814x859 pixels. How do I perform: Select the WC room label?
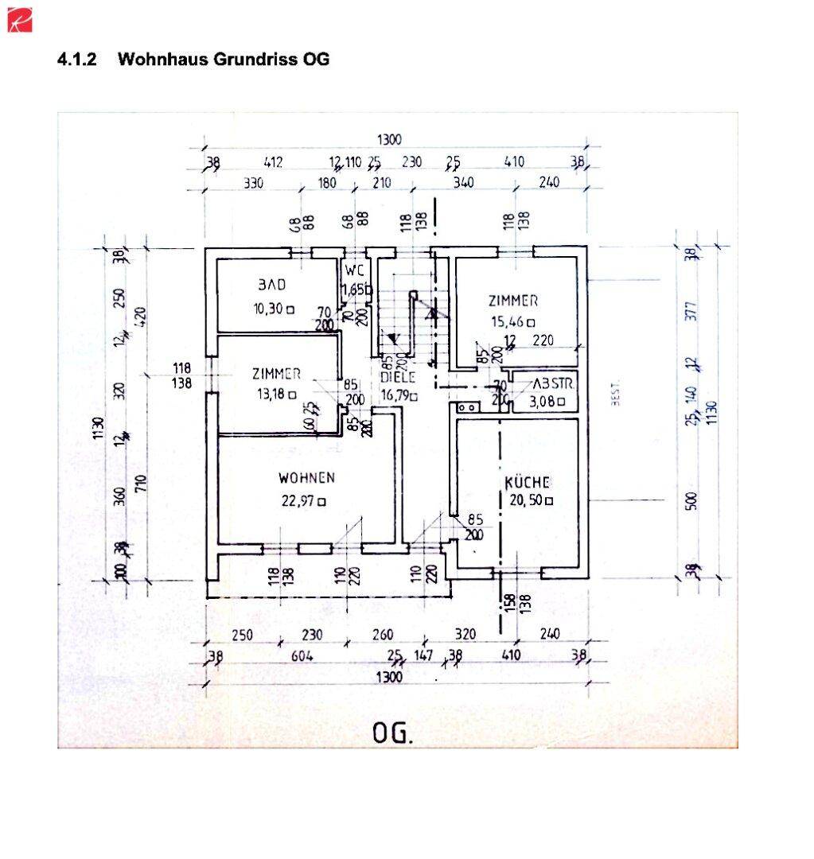(x=354, y=269)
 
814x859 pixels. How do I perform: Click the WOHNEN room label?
(x=306, y=478)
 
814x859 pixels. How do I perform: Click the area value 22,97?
(x=298, y=500)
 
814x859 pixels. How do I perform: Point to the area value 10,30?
(x=269, y=309)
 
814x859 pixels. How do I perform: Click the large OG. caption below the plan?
(x=393, y=733)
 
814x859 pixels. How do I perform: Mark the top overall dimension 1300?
(x=389, y=140)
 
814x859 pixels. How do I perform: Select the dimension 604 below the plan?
(x=302, y=656)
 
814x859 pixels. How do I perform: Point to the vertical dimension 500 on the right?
(x=691, y=500)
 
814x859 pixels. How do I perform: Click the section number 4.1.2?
(x=77, y=60)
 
